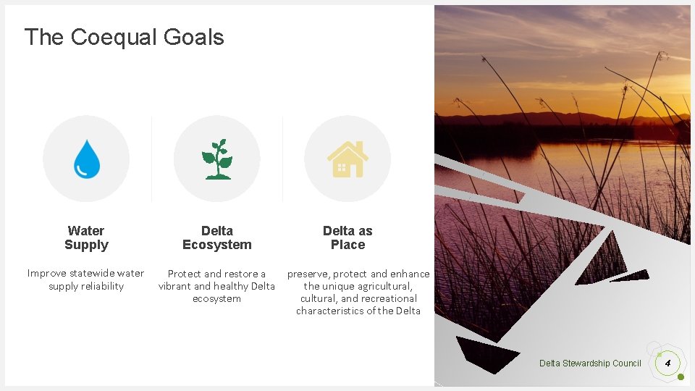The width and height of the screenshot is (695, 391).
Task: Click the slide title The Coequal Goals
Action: [124, 37]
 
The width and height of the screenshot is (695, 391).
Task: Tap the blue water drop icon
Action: [86, 159]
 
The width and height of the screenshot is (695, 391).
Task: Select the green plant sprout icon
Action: [216, 159]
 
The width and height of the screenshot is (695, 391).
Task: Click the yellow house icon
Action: [347, 159]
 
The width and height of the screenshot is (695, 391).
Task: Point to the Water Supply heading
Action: [86, 237]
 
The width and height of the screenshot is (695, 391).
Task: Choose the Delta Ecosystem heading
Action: [216, 237]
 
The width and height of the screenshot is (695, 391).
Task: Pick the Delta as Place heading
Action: [347, 237]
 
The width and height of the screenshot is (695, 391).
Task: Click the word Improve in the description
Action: [48, 273]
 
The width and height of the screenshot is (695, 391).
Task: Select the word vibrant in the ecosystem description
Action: [174, 286]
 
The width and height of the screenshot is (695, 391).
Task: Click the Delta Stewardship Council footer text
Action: [590, 363]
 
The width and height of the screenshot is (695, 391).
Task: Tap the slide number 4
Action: [667, 363]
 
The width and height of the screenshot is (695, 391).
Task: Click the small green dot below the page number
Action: [681, 377]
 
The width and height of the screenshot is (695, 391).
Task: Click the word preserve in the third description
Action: [309, 274]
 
